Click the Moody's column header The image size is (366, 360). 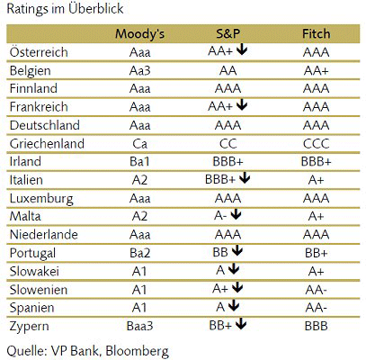[x=139, y=34]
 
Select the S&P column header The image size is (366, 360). [x=228, y=33]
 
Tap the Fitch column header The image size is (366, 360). [x=316, y=33]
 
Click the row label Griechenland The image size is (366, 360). [x=47, y=144]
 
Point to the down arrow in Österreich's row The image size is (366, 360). [x=242, y=50]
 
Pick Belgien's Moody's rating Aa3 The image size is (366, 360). [x=139, y=71]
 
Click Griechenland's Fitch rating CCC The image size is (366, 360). [x=316, y=144]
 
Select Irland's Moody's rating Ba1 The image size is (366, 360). [x=139, y=162]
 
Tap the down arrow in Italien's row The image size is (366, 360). [x=245, y=178]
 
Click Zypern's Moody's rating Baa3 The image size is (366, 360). [x=139, y=326]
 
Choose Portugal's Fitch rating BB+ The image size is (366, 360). [x=316, y=253]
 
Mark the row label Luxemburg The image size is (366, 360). [x=41, y=199]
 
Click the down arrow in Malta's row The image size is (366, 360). [x=237, y=214]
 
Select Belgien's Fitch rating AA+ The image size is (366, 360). [x=316, y=71]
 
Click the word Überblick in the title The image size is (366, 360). [x=96, y=8]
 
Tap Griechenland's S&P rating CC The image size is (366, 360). [x=228, y=144]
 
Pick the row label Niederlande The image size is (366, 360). [x=44, y=235]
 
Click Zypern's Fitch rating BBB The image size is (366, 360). [x=316, y=326]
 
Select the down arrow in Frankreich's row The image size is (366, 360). [x=242, y=105]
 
